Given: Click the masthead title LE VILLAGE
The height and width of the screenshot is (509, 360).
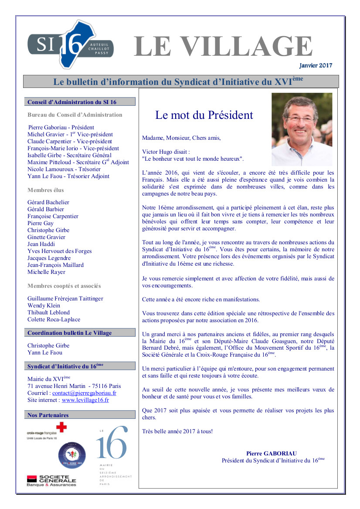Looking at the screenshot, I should click(x=223, y=46).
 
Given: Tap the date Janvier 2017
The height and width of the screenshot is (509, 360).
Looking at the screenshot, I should click(x=316, y=65).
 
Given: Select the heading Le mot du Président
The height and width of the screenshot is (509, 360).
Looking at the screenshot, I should click(x=204, y=115).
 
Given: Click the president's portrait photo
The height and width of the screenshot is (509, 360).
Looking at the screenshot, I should click(x=302, y=129).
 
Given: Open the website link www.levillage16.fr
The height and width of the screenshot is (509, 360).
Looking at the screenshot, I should click(x=85, y=400).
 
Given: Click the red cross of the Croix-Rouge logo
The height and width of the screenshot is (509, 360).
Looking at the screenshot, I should click(x=61, y=428).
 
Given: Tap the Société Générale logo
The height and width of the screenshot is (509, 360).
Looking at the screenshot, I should click(x=51, y=480).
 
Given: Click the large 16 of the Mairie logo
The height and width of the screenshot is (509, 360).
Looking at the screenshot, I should click(x=112, y=443).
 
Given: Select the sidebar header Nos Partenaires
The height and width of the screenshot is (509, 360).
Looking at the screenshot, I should click(x=48, y=415).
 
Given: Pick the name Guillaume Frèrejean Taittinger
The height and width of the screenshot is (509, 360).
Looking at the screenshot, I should click(x=65, y=298).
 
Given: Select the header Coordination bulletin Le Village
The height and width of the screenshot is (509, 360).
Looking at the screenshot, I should click(x=69, y=333).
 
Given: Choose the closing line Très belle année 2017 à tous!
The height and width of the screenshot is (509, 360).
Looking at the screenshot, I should click(x=177, y=431).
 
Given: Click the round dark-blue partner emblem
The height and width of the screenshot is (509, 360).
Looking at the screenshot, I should click(x=72, y=455).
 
